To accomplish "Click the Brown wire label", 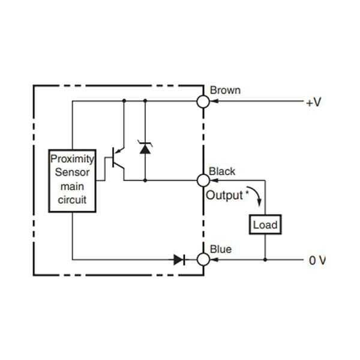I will click(x=225, y=91).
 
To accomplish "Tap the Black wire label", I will click(x=222, y=172).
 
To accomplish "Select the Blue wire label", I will click(x=220, y=249).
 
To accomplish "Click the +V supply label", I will click(x=314, y=103).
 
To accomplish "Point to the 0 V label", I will click(x=317, y=260).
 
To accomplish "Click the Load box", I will click(x=265, y=225).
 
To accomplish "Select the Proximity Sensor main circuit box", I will click(x=72, y=179).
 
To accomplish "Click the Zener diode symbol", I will click(x=145, y=147).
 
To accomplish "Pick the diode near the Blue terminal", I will click(x=179, y=260).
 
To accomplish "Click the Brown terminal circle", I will click(x=203, y=102).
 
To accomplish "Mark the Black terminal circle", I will click(x=203, y=179).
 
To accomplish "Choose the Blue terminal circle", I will click(x=203, y=260).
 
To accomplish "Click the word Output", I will click(x=224, y=195).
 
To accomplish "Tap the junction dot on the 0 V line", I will click(x=265, y=260).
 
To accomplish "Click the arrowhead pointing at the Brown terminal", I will click(x=214, y=102).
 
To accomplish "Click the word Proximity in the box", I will click(x=72, y=159).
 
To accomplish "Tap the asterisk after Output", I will click(x=246, y=192).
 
